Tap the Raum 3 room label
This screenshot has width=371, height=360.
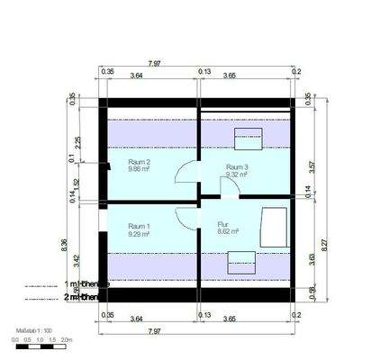click(237, 167)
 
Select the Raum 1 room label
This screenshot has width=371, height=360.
click(140, 225)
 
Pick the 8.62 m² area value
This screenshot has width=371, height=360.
click(229, 232)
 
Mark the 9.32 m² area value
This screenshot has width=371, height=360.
click(237, 175)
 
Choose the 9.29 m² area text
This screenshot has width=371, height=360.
click(139, 233)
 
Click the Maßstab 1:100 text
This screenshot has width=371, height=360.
click(33, 331)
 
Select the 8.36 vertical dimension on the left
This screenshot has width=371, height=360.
click(66, 244)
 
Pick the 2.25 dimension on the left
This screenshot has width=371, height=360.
click(78, 140)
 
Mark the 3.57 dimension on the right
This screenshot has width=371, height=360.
click(311, 166)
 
